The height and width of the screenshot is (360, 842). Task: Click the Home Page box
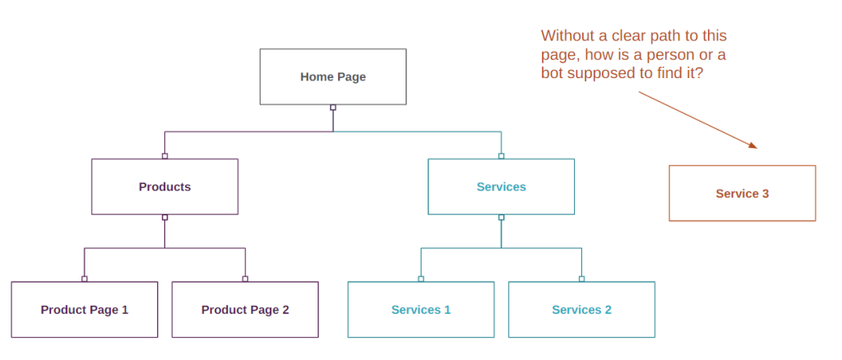tap(333, 76)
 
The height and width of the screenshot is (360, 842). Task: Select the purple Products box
tap(164, 187)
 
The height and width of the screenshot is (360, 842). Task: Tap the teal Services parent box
tap(501, 187)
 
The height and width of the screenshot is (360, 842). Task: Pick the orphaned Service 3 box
tap(742, 193)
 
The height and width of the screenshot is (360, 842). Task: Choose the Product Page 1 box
tap(84, 310)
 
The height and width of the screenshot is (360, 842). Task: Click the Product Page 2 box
tap(245, 310)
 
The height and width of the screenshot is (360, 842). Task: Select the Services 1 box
tap(420, 310)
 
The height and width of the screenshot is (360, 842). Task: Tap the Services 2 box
tap(581, 310)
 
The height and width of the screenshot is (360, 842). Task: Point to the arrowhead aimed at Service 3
tap(752, 146)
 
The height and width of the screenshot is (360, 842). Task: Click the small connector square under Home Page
tap(333, 108)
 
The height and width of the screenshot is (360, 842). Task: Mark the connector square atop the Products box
tap(164, 156)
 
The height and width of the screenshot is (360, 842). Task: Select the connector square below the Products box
tap(164, 218)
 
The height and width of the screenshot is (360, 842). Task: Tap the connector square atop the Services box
tap(501, 156)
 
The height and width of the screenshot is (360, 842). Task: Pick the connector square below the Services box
tap(501, 218)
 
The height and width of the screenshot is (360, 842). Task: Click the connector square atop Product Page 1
tap(84, 279)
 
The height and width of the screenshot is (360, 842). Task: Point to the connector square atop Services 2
tap(581, 279)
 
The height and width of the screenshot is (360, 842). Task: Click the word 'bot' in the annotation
tap(552, 72)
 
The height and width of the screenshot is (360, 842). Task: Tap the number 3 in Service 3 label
tap(766, 194)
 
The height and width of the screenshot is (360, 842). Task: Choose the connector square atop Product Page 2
tap(245, 279)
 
